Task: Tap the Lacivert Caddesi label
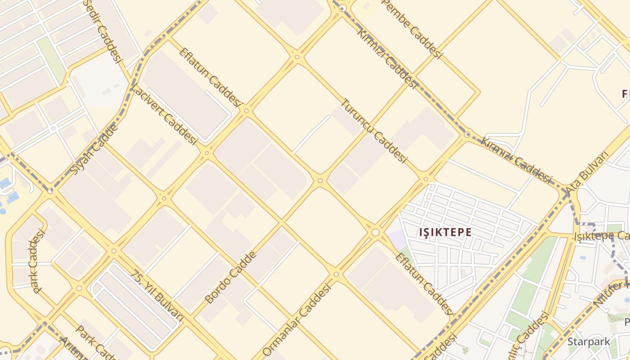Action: point(164,114)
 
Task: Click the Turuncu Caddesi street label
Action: point(374,130)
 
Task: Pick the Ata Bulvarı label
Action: point(587,173)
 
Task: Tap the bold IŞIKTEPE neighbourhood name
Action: point(445,232)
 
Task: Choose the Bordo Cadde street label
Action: point(230,278)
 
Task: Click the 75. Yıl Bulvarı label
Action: point(158,295)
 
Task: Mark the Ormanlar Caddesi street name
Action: point(297,319)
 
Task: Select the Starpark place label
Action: point(589,342)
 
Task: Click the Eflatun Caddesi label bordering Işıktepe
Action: point(423,283)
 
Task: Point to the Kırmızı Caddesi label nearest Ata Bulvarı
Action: point(517,160)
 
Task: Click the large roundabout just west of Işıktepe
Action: point(375,232)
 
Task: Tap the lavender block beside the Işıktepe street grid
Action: point(396,238)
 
